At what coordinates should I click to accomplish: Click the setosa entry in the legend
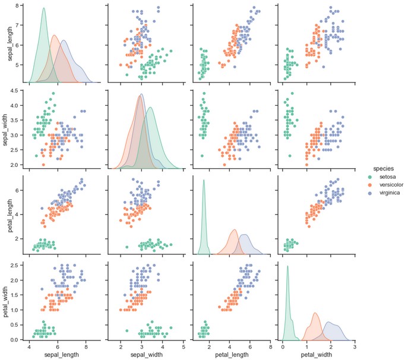381,176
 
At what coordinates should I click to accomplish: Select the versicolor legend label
384,185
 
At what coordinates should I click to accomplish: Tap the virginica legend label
382,193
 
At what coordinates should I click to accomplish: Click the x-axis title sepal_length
58,355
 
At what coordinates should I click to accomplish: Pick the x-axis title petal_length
229,355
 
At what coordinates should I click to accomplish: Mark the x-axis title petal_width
315,355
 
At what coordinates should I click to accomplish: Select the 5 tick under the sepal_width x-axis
183,346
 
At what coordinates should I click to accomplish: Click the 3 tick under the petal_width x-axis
355,346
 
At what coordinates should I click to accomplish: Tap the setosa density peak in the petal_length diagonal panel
204,180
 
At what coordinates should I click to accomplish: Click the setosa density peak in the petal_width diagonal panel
287,266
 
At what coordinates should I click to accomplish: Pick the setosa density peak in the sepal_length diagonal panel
43,8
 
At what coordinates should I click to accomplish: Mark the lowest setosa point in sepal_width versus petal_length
204,156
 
